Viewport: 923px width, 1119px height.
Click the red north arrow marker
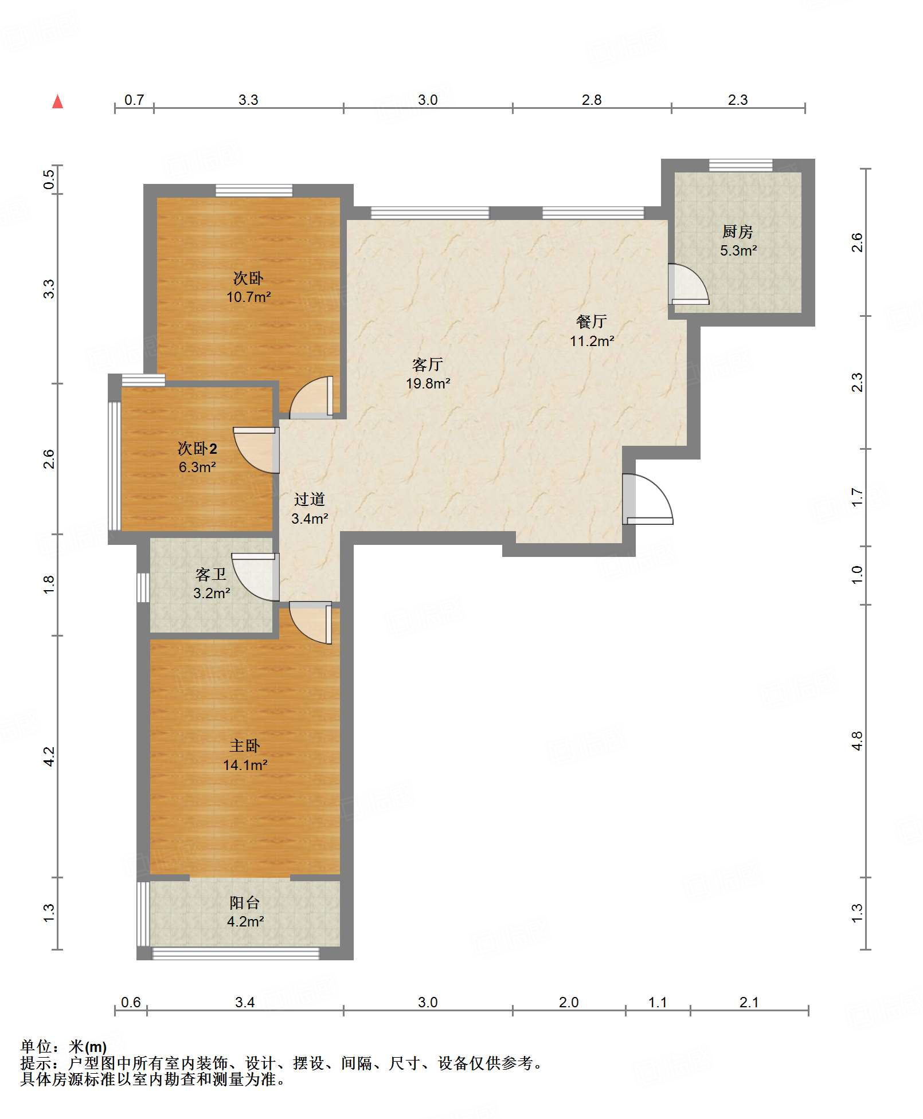(x=57, y=101)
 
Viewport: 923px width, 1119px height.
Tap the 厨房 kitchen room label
(x=737, y=231)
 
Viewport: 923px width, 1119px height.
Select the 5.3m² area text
(x=738, y=250)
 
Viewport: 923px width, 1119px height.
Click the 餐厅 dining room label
(x=592, y=321)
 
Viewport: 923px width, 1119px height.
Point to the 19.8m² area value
(x=428, y=383)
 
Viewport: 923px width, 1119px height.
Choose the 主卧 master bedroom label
(x=245, y=745)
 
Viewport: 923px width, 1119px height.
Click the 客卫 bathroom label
(x=211, y=574)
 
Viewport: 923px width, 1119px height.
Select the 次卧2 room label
(x=197, y=448)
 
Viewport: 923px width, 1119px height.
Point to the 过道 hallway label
(x=310, y=499)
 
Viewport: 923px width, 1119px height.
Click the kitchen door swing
(x=689, y=284)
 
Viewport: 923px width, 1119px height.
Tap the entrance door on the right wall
(x=648, y=499)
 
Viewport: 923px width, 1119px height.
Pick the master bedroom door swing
(x=311, y=622)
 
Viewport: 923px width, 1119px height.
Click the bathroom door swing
(x=255, y=577)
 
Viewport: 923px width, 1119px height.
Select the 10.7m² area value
(x=248, y=297)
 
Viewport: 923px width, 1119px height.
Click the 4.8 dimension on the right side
(x=857, y=741)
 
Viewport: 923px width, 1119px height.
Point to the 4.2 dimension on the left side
(x=49, y=756)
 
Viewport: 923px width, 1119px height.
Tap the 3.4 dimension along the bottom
(x=245, y=1002)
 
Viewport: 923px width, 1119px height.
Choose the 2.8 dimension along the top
(x=592, y=100)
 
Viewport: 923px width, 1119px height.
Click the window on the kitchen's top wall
(x=741, y=165)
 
